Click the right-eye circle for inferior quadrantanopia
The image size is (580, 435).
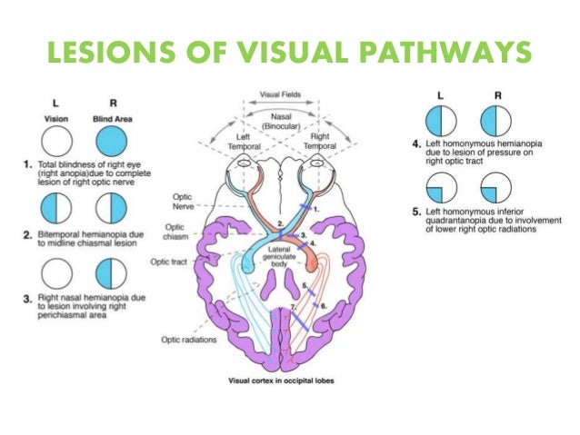pos(497,188)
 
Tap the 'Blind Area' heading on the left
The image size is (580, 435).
pos(108,117)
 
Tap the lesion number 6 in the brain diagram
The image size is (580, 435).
pos(322,306)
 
